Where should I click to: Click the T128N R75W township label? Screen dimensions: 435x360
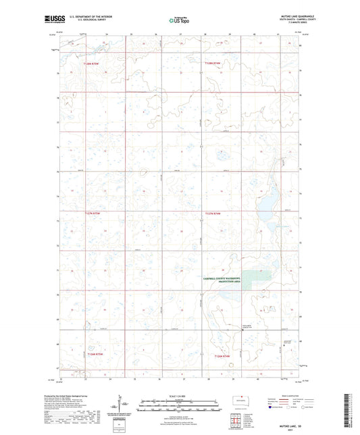[91, 63]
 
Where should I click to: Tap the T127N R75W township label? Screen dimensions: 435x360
[92, 213]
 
